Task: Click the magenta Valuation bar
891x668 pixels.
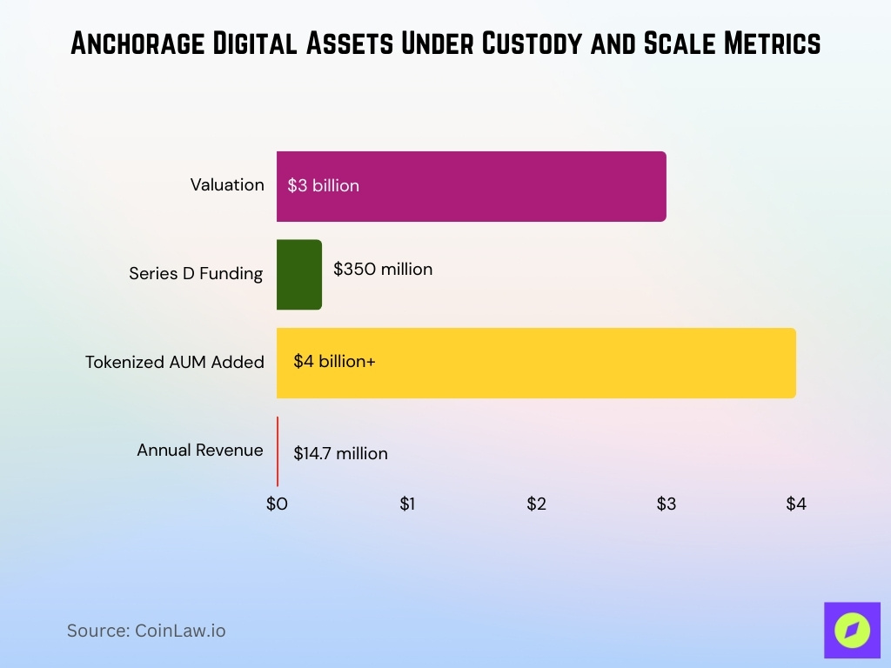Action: point(471,186)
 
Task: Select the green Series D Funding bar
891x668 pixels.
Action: point(299,274)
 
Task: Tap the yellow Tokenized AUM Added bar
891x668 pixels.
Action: point(536,363)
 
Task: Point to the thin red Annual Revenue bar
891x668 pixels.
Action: point(278,451)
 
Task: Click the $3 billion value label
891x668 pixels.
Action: point(323,185)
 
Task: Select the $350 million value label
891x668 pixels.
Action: point(383,270)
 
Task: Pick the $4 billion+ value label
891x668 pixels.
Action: point(334,361)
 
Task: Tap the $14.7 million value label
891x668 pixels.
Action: point(340,453)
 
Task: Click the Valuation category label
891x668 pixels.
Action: point(227,185)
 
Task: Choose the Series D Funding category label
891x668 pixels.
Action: point(196,273)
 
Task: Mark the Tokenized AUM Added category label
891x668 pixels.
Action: point(174,362)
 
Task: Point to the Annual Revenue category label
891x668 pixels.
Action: point(199,450)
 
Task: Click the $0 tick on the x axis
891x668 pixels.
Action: point(277,504)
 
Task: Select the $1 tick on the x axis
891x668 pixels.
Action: point(406,504)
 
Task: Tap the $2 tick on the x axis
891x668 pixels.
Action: point(536,504)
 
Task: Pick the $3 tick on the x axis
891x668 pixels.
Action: point(666,504)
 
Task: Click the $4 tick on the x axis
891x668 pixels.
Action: point(796,504)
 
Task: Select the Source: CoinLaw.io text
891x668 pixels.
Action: point(146,631)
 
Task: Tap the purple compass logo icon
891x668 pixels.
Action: point(852,631)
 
